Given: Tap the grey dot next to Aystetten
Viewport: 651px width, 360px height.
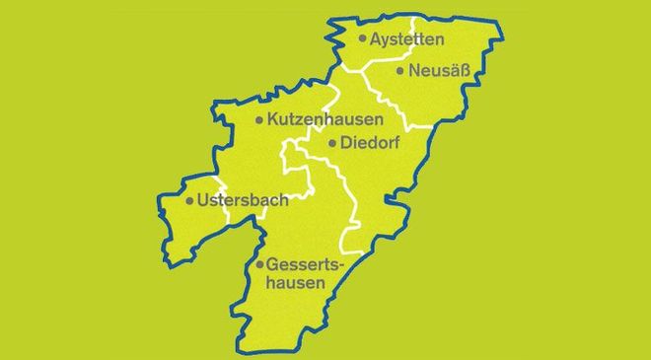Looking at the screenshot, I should pyautogui.click(x=363, y=39).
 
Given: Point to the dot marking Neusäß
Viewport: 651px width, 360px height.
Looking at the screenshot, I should pyautogui.click(x=399, y=71).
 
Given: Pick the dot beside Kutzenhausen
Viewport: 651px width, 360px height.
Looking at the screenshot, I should pyautogui.click(x=258, y=120).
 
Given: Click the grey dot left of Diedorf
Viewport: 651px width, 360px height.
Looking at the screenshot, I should pyautogui.click(x=331, y=143).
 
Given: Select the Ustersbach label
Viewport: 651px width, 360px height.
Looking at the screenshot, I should pyautogui.click(x=243, y=200).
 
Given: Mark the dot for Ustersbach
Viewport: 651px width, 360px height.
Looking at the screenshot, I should pyautogui.click(x=189, y=201).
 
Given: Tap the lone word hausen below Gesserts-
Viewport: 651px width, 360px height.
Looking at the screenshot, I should pyautogui.click(x=297, y=285).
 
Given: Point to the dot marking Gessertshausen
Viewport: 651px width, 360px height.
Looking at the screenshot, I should pyautogui.click(x=258, y=265).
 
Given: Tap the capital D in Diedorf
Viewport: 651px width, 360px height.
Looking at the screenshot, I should pyautogui.click(x=346, y=143).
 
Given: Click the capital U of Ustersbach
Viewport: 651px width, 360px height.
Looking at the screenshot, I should pyautogui.click(x=204, y=200).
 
